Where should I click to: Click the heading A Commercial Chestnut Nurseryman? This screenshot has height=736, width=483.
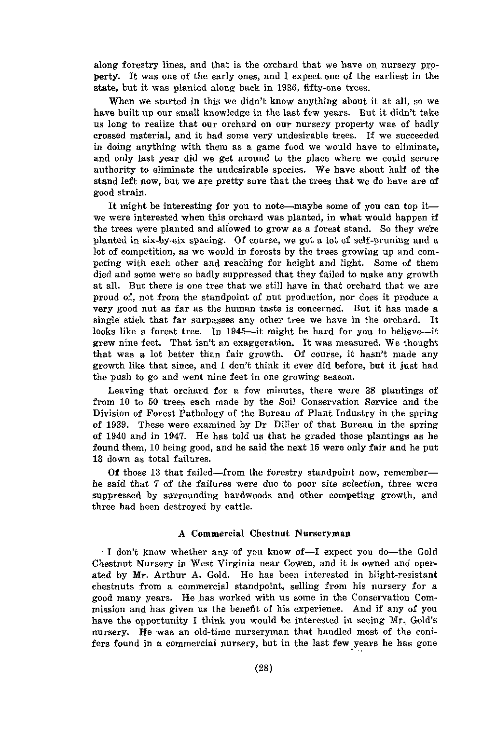tap(264, 534)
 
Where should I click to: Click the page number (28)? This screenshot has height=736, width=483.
tap(264, 668)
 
